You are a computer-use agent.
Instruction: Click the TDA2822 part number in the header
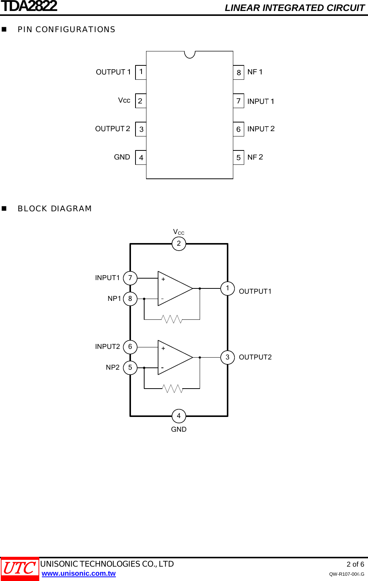click(x=29, y=6)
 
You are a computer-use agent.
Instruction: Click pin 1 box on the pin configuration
click(x=141, y=72)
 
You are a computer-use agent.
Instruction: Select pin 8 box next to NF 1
click(x=239, y=73)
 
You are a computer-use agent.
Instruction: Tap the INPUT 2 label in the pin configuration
click(x=261, y=129)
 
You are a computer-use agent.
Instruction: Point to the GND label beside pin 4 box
click(x=122, y=157)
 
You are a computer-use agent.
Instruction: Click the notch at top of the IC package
click(x=189, y=54)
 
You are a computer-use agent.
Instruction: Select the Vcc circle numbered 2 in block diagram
click(x=179, y=243)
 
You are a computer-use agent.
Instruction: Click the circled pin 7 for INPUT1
click(x=130, y=278)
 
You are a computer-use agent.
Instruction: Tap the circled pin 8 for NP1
click(x=130, y=299)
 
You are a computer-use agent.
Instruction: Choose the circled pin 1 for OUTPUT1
click(x=228, y=288)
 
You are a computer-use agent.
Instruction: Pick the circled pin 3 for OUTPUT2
click(x=228, y=357)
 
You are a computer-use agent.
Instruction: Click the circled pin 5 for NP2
click(x=130, y=367)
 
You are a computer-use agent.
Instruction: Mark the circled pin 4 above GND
click(x=179, y=416)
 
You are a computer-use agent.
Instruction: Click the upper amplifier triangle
click(x=174, y=288)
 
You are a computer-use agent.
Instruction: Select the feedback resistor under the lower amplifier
click(x=172, y=389)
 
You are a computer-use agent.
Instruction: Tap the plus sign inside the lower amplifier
click(x=163, y=348)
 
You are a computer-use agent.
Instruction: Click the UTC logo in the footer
click(x=20, y=569)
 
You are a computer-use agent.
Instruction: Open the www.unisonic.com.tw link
click(x=79, y=573)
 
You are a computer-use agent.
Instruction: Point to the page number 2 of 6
click(x=355, y=564)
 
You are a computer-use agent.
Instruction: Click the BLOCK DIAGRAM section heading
click(x=55, y=209)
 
